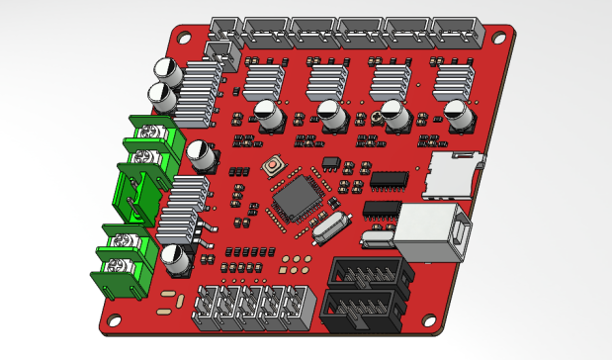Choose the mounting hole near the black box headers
pyautogui.click(x=429, y=318)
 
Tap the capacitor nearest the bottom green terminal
pyautogui.click(x=176, y=259)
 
